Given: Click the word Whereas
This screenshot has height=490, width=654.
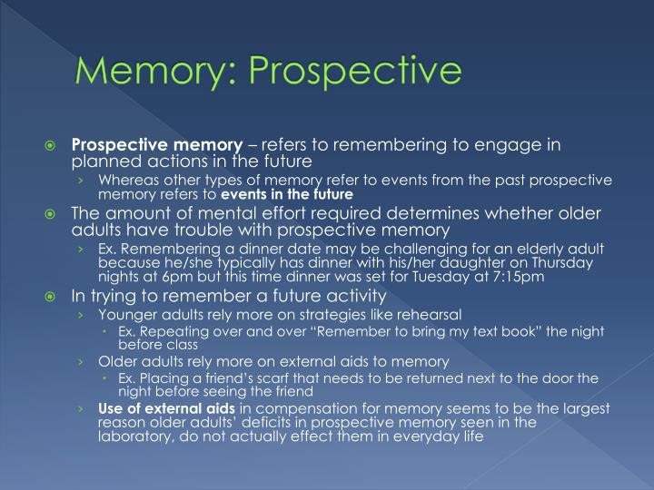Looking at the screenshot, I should coord(125,181).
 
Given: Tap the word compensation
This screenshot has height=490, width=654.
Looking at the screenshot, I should coord(279,407).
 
